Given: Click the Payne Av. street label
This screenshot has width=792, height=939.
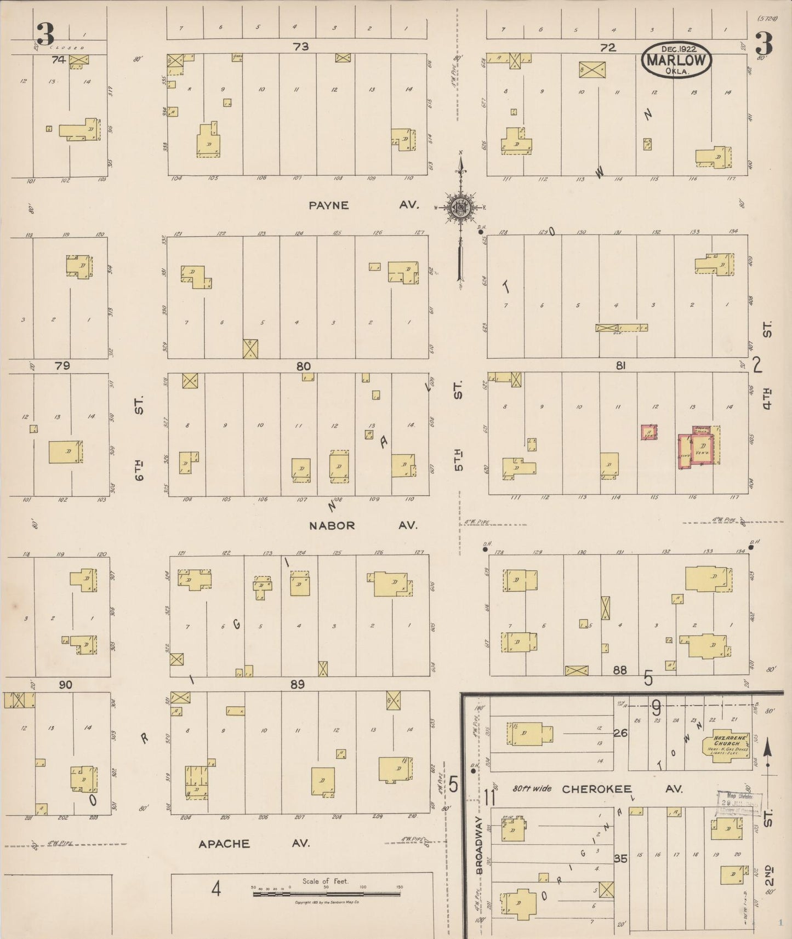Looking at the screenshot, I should [x=363, y=205].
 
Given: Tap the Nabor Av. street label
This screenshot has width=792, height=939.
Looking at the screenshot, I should [x=363, y=525].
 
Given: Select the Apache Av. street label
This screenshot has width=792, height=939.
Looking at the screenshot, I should [x=254, y=843].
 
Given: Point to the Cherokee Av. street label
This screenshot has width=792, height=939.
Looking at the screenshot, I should [x=622, y=789].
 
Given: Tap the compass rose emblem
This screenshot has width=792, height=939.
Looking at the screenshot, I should [x=460, y=207].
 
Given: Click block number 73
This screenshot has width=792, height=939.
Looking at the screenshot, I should [x=301, y=47].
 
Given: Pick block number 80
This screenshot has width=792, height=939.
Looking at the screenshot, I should [x=303, y=366].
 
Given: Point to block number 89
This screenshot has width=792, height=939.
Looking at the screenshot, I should [x=298, y=684].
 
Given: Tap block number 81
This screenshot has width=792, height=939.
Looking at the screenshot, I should [x=620, y=365].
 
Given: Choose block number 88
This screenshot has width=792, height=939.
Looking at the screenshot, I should [x=620, y=670].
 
